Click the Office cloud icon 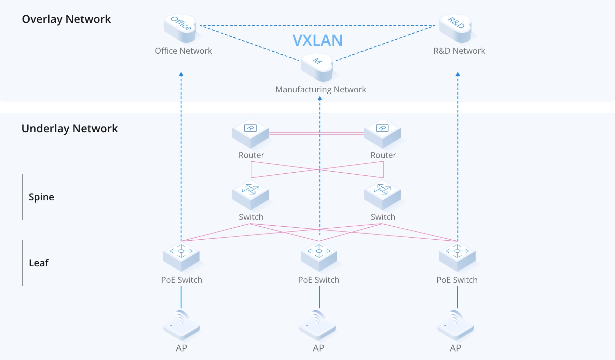(180, 28)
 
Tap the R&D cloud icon (456, 28)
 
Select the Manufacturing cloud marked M (317, 66)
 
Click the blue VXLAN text (317, 40)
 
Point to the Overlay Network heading (66, 19)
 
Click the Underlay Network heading (70, 129)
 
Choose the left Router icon (250, 133)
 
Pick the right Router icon (382, 133)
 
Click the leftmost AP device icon (181, 325)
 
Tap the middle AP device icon (318, 325)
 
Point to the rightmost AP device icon (455, 325)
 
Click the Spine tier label (41, 197)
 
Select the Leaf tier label (39, 263)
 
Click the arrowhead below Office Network (181, 74)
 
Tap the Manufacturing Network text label (320, 90)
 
